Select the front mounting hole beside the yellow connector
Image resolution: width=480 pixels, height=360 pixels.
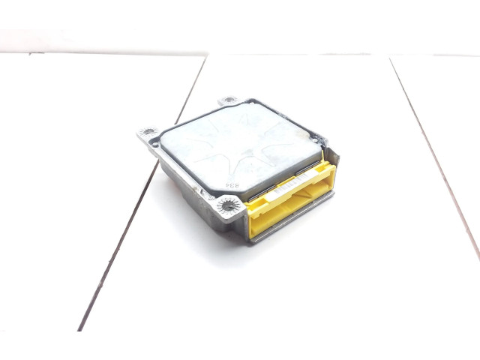(225, 205)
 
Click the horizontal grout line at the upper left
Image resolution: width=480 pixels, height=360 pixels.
(97, 54)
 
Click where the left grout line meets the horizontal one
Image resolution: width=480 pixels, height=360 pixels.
(205, 55)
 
